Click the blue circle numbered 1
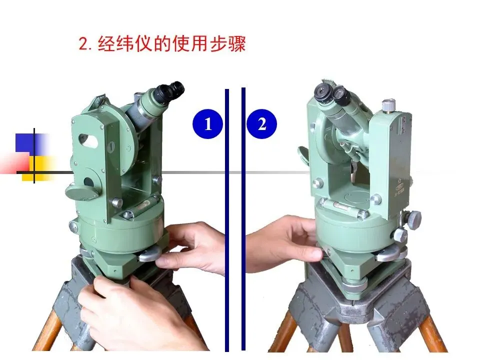coord(207,124)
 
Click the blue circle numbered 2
coord(261,124)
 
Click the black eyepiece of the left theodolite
coord(171,91)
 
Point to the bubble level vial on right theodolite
coord(340,206)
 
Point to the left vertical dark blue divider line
coord(227,220)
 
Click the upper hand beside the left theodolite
coord(193,246)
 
